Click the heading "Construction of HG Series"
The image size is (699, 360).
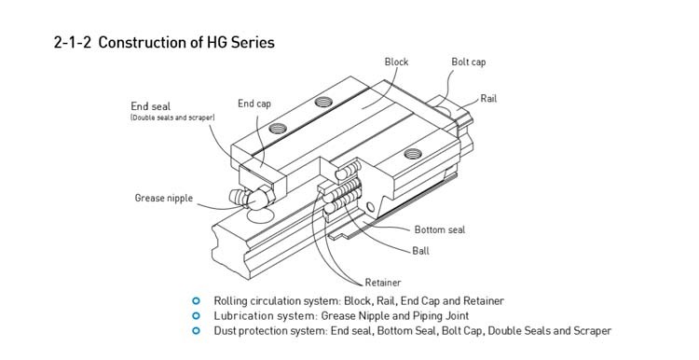[x=186, y=42]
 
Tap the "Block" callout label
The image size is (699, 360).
[x=396, y=62]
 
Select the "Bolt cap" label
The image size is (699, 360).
[x=469, y=62]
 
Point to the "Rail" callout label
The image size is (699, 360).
[x=488, y=99]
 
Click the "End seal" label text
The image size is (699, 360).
[x=151, y=106]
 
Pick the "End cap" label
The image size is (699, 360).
[x=254, y=104]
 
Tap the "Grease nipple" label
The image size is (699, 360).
[x=164, y=198]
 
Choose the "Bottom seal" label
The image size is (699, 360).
[x=440, y=229]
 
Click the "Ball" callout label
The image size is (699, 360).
[x=421, y=251]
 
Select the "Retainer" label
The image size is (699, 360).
[x=383, y=283]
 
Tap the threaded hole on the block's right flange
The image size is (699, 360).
[x=413, y=154]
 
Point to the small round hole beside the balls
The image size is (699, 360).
[x=370, y=206]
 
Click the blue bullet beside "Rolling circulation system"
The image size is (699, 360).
[x=196, y=301]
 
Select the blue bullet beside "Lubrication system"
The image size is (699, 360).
[x=196, y=316]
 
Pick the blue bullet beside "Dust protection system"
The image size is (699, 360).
[x=196, y=330]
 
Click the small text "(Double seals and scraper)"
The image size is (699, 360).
[x=172, y=118]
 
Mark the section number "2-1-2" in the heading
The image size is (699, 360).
[x=72, y=42]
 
